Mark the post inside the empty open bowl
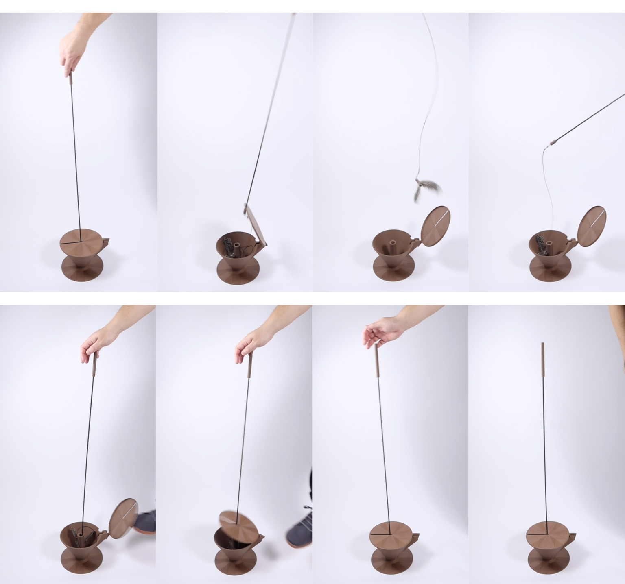pyautogui.click(x=393, y=248)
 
